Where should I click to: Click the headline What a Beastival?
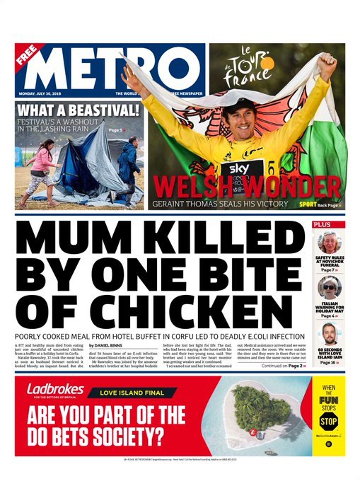pyautogui.click(x=78, y=110)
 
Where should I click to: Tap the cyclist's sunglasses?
pyautogui.click(x=238, y=110)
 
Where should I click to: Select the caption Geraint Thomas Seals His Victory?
pyautogui.click(x=219, y=204)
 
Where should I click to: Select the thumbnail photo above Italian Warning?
pyautogui.click(x=329, y=286)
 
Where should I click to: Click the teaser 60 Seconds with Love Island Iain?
pyautogui.click(x=329, y=353)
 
